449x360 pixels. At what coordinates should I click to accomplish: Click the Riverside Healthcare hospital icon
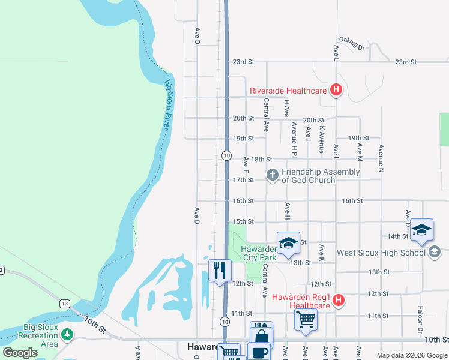coord(336,91)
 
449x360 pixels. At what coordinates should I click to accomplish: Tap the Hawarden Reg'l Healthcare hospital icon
coord(339,300)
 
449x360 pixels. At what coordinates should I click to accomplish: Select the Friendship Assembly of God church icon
coord(272,175)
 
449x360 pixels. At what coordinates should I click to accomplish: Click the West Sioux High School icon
coord(435,253)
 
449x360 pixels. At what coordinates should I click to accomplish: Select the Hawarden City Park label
coord(258,253)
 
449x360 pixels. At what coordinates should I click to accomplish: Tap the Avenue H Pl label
coord(294,139)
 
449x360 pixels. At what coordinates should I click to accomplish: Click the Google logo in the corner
coord(20,353)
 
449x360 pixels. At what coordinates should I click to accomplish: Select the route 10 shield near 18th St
coord(226,155)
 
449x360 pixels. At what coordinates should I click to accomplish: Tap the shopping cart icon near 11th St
coord(306,319)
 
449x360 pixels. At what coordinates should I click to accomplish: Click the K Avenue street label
coord(322,139)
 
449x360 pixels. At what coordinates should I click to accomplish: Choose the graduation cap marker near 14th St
coord(422,230)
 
